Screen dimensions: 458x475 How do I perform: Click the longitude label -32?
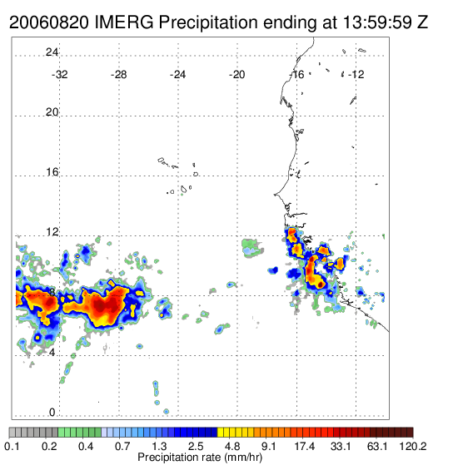pos(60,75)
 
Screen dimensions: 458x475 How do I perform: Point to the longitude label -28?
pos(118,75)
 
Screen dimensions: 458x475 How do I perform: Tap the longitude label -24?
pos(177,75)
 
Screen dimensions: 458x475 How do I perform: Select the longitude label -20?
pos(236,75)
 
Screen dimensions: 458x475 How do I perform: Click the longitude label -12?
pos(356,75)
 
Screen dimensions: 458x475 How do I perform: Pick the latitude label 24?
pos(52,52)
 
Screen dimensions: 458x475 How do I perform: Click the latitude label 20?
pos(52,112)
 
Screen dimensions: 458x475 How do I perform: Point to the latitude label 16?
pos(52,172)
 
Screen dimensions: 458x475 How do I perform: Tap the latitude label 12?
pos(52,232)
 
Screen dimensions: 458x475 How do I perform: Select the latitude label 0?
pos(52,412)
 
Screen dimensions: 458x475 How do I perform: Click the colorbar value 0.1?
pos(12,446)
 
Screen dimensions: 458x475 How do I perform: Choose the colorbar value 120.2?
pos(413,446)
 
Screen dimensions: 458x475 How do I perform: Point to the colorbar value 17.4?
pos(304,446)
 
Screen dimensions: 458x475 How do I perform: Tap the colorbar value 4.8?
pos(232,446)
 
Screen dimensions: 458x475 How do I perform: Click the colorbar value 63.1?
pos(377,446)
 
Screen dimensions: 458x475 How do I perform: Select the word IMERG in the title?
pos(124,22)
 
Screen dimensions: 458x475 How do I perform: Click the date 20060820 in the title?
pos(49,22)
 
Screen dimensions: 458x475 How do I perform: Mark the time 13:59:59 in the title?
pos(377,22)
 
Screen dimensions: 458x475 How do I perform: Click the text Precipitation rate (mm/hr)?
pos(200,458)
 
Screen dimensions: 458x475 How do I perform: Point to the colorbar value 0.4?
pos(86,446)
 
